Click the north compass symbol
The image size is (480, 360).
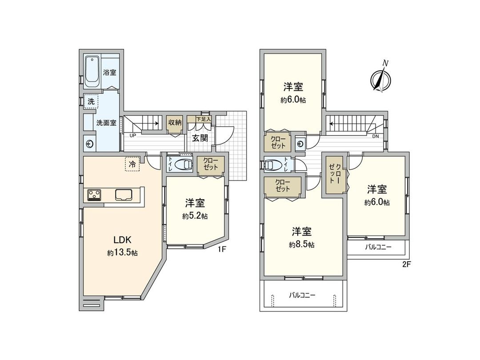(381, 78)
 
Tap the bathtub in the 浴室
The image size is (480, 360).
(92, 72)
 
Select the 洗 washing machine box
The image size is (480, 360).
(91, 101)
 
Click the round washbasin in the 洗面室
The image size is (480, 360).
(90, 143)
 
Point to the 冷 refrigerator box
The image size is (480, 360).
(132, 164)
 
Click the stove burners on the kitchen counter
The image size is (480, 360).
(94, 195)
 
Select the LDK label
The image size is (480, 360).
(122, 240)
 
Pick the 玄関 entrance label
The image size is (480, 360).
(200, 138)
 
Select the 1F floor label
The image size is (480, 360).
(222, 250)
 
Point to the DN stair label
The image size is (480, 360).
(376, 136)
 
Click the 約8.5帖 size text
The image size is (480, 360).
(302, 244)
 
